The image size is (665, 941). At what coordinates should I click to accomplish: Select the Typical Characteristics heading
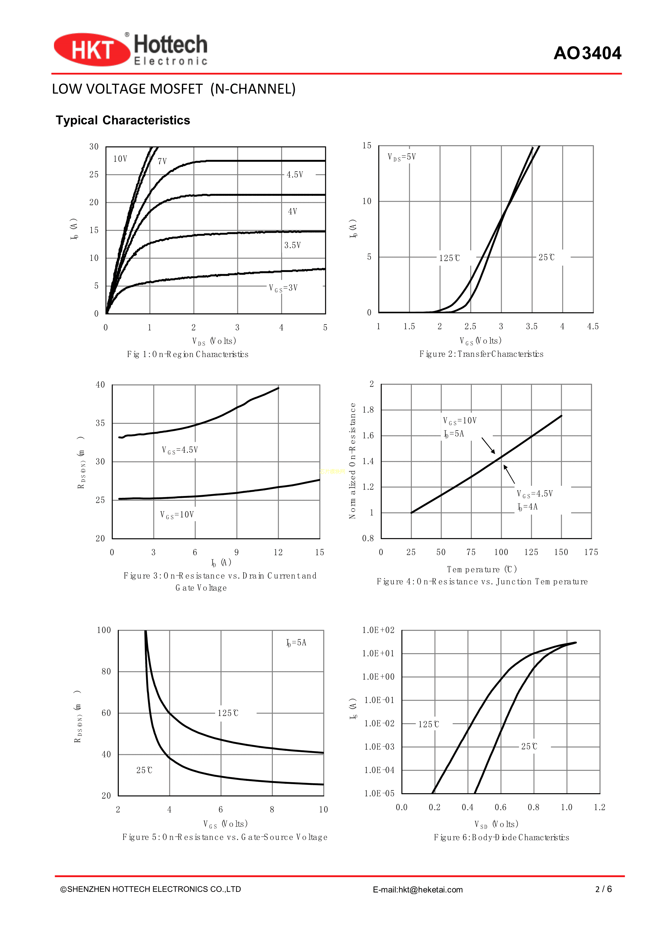click(x=123, y=120)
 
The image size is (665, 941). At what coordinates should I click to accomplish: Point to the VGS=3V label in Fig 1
click(x=283, y=288)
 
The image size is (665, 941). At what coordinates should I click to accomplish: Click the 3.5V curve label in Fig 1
click(x=293, y=245)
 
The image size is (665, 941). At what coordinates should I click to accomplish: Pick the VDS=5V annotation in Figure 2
click(x=402, y=157)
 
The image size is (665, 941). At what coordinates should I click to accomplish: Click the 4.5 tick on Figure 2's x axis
click(x=593, y=326)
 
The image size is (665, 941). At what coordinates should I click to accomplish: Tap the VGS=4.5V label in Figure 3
click(x=180, y=450)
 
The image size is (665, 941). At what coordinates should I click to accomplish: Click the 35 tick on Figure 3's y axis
click(x=100, y=423)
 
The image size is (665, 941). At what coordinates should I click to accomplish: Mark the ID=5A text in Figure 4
click(x=454, y=433)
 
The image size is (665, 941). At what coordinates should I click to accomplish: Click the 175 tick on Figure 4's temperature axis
click(x=591, y=552)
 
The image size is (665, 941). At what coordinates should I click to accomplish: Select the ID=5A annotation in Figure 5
click(x=296, y=643)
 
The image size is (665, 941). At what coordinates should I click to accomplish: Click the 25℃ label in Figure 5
click(x=144, y=770)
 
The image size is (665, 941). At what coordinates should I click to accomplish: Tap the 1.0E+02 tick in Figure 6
click(x=378, y=630)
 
